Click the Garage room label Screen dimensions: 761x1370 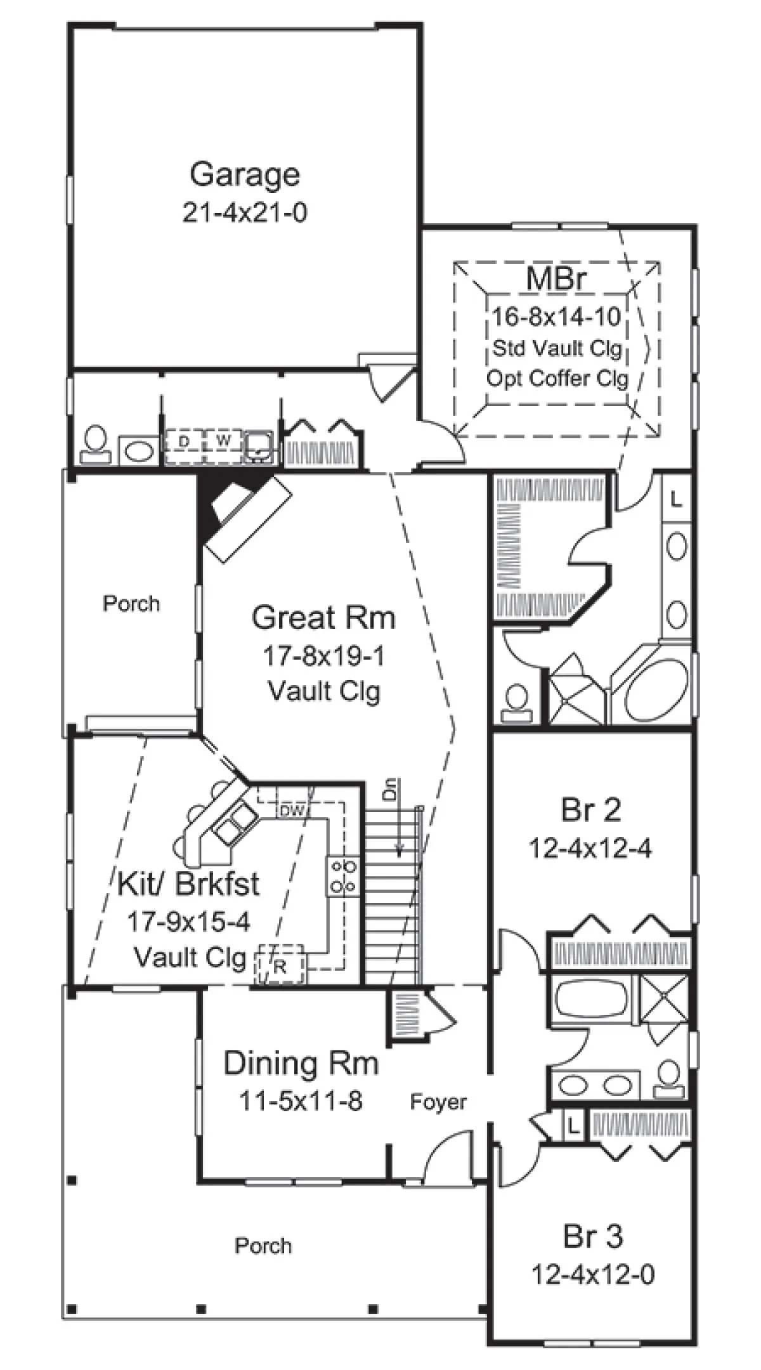[245, 176]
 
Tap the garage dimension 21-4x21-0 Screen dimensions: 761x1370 [245, 213]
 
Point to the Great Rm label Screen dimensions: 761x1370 [323, 617]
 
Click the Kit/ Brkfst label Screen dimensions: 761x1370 [188, 884]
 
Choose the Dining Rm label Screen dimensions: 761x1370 [301, 1063]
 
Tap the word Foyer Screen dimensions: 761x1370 [438, 1102]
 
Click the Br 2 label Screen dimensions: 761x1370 [591, 810]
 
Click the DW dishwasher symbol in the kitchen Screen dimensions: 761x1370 [293, 810]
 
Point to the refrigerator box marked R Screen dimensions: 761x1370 [280, 965]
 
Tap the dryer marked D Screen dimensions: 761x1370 [184, 440]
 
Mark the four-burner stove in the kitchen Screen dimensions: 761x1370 [342, 875]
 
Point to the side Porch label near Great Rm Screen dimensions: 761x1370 [131, 603]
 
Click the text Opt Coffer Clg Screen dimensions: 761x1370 [557, 379]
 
